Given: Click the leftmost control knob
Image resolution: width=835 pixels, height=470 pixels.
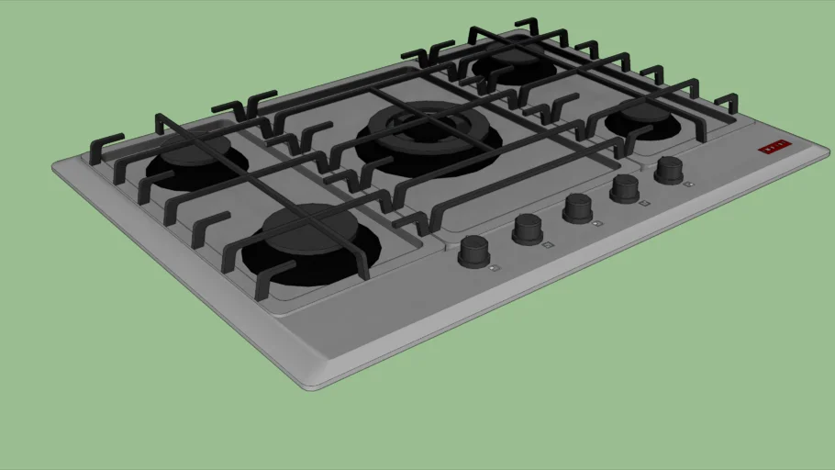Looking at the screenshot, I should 473,249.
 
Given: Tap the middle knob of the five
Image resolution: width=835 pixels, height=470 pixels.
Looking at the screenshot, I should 578,207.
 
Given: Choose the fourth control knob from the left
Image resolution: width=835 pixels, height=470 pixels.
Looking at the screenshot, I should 625,187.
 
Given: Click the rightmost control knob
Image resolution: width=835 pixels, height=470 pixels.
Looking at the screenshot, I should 669,169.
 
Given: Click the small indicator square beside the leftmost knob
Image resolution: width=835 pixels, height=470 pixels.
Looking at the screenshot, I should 495,268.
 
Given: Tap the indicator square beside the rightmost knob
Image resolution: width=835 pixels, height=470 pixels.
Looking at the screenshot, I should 689,184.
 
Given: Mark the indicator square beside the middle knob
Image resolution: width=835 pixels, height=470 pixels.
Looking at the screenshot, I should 597,223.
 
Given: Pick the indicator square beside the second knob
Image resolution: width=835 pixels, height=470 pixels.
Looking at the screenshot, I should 548,245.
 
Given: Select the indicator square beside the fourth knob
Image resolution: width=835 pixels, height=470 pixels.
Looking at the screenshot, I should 644,203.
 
